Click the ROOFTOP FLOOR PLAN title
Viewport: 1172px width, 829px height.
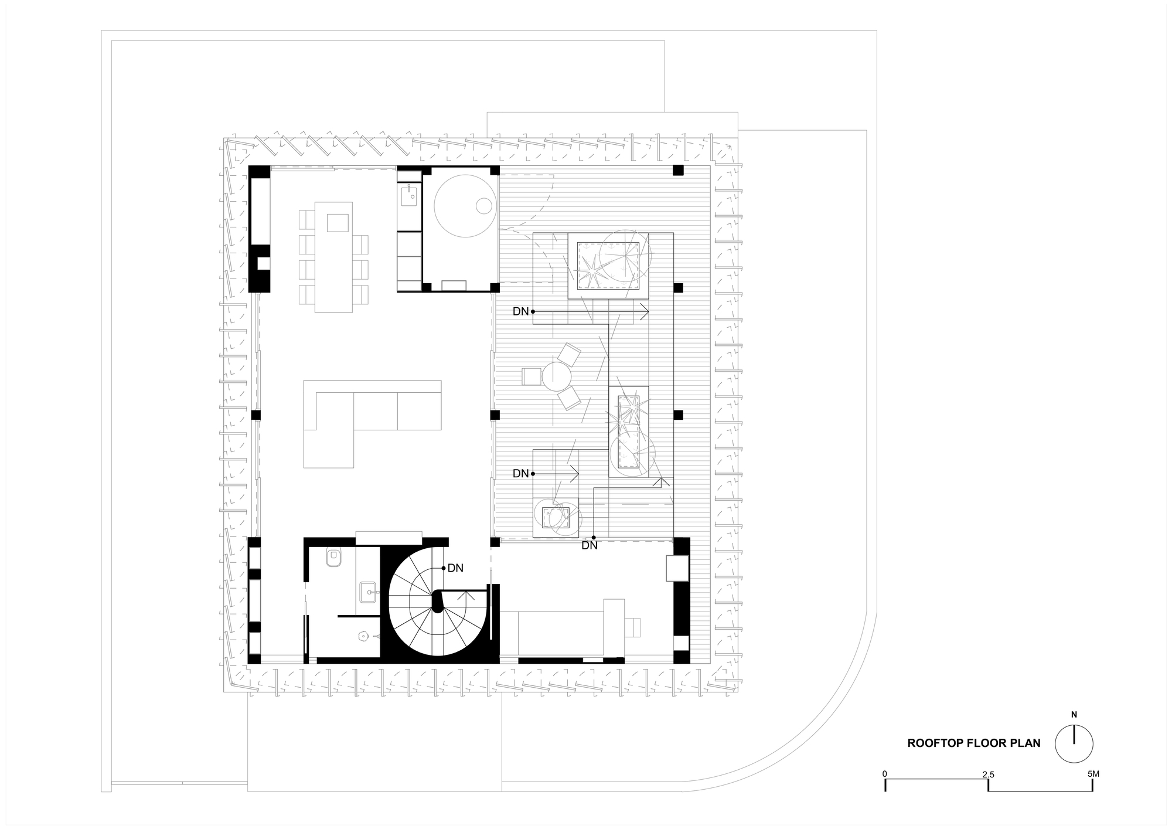[x=974, y=743]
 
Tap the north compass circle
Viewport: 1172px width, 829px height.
[x=1074, y=744]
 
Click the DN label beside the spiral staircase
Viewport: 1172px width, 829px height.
[x=455, y=568]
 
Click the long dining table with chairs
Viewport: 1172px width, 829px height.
[x=333, y=257]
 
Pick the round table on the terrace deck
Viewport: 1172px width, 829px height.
[x=556, y=376]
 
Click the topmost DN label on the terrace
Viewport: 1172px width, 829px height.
[x=520, y=312]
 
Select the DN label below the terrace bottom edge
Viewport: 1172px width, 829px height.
[x=590, y=546]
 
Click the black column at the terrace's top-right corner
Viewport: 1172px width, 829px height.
[x=678, y=171]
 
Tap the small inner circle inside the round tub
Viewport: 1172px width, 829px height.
[x=484, y=206]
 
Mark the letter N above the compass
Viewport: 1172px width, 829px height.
[x=1074, y=715]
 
